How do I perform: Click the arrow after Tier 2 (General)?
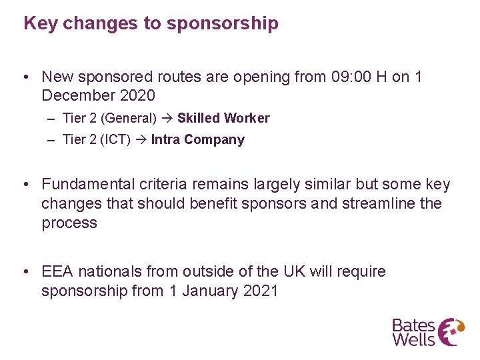pyautogui.click(x=166, y=118)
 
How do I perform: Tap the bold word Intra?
pyautogui.click(x=165, y=140)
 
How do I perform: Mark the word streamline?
pyautogui.click(x=379, y=203)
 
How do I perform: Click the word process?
pyautogui.click(x=69, y=223)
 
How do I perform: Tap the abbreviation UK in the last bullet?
pyautogui.click(x=295, y=272)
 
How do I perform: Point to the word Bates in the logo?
pyautogui.click(x=413, y=325)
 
